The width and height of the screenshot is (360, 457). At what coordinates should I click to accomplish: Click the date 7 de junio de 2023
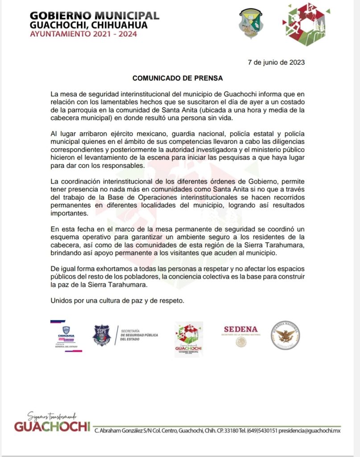click(276, 62)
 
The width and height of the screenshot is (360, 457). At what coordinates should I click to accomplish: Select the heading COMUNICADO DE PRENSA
click(178, 78)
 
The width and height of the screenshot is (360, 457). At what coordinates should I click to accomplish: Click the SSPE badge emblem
click(101, 335)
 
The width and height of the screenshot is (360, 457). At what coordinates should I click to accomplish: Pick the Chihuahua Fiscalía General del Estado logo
click(66, 336)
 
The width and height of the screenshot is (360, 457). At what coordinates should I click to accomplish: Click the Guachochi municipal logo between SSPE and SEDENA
click(188, 339)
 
